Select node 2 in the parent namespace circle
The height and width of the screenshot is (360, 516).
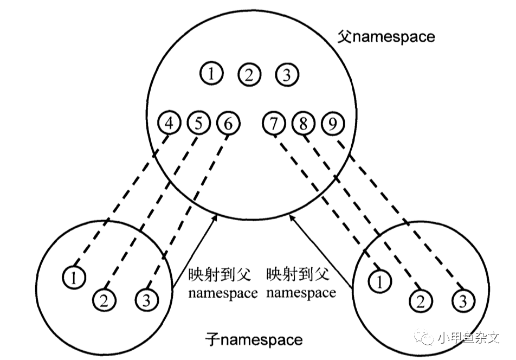pyautogui.click(x=249, y=74)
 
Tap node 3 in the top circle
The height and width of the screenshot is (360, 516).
pyautogui.click(x=286, y=74)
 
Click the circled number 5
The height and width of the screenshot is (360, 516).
pyautogui.click(x=198, y=124)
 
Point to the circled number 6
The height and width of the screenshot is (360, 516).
pyautogui.click(x=228, y=124)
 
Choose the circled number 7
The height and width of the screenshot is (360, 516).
pyautogui.click(x=274, y=124)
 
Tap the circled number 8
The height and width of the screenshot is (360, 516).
pyautogui.click(x=303, y=124)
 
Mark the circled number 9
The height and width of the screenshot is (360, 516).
pyautogui.click(x=332, y=124)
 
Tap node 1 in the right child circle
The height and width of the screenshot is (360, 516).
pyautogui.click(x=379, y=281)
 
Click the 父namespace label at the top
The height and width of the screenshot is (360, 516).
pyautogui.click(x=386, y=37)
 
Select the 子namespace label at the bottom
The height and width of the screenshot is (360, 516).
pyautogui.click(x=254, y=340)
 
